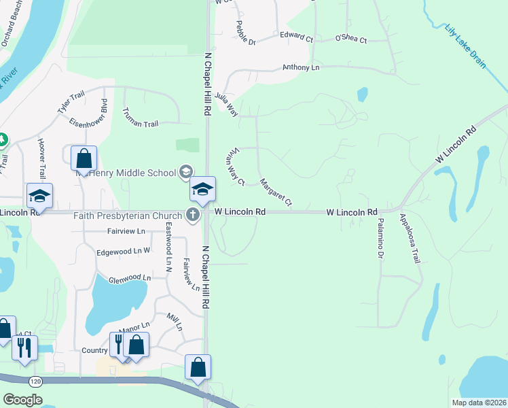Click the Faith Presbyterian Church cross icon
[x=193, y=215]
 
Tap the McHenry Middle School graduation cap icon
[x=185, y=172]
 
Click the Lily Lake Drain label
[x=465, y=46]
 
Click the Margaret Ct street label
[x=275, y=192]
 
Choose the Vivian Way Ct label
[x=236, y=167]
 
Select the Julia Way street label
[x=226, y=105]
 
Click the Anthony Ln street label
[x=300, y=68]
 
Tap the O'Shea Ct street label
[x=350, y=40]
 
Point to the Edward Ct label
[x=296, y=35]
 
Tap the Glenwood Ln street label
[x=129, y=278]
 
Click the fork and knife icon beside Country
[x=118, y=343]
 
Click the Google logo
[x=22, y=400]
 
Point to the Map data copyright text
[x=478, y=403]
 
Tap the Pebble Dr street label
[x=245, y=33]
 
